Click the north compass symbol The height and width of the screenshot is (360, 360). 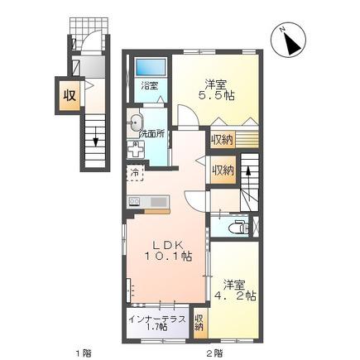tap(288, 41)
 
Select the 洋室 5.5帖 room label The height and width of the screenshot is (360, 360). tap(216, 89)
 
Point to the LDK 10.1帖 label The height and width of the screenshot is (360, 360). tap(168, 251)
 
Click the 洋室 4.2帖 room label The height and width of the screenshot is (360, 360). tap(236, 290)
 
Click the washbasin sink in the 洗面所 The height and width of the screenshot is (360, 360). tap(136, 123)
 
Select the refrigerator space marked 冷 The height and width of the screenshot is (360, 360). tap(135, 173)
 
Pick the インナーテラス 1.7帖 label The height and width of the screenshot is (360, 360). tap(157, 323)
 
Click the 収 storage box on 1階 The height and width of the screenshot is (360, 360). tap(70, 95)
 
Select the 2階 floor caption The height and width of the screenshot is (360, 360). tap(214, 353)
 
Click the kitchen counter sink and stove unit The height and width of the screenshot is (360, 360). tap(148, 202)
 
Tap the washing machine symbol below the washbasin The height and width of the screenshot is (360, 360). tap(136, 149)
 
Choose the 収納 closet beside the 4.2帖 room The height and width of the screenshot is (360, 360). tap(199, 323)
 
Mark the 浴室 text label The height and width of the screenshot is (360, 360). tap(150, 86)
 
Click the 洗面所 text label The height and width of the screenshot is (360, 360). tap(151, 134)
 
